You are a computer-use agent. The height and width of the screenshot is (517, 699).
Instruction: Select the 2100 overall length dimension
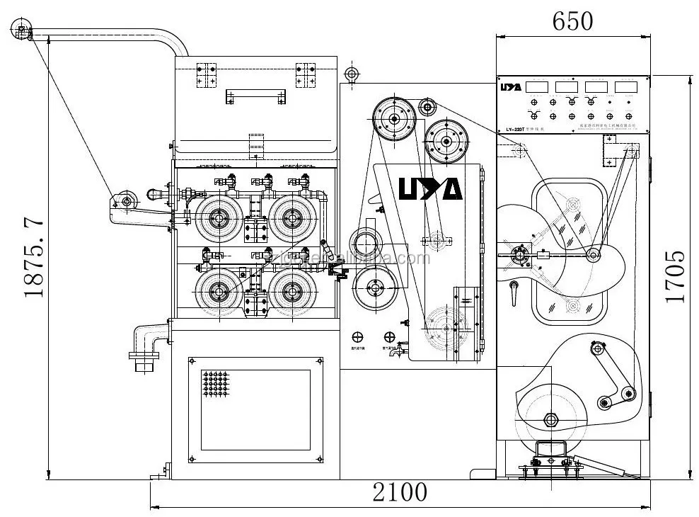click(x=400, y=492)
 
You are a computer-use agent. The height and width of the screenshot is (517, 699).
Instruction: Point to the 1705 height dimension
click(x=675, y=276)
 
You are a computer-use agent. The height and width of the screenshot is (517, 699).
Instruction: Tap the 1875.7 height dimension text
click(x=35, y=259)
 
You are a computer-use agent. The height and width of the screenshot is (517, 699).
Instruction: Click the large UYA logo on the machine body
click(x=430, y=188)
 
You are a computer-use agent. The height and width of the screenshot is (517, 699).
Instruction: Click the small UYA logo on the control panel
click(x=511, y=87)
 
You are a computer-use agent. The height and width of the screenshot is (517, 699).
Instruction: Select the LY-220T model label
click(x=516, y=128)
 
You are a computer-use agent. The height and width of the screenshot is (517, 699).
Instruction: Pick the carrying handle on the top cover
click(x=255, y=96)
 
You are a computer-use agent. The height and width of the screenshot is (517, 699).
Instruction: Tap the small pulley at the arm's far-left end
click(x=21, y=31)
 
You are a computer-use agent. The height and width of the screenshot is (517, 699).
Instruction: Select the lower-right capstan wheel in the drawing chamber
click(x=289, y=291)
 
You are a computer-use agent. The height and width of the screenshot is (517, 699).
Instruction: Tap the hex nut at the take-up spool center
click(x=549, y=419)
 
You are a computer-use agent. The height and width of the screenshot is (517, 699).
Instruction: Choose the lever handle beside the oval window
click(x=515, y=287)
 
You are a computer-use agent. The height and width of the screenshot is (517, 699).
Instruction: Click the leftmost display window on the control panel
click(x=538, y=86)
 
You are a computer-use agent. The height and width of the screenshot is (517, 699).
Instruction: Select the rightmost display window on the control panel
click(x=625, y=86)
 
